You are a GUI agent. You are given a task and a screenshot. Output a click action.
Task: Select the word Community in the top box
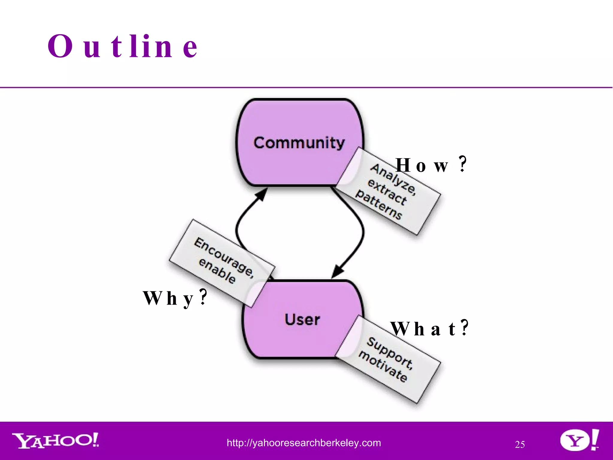coord(299,143)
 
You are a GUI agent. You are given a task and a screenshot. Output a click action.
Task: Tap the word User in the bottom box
coord(302,319)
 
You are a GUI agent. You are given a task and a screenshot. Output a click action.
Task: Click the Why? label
coord(175,298)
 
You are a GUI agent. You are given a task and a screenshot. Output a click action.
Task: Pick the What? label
coord(429,329)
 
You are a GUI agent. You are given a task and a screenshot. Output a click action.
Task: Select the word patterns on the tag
coord(379,205)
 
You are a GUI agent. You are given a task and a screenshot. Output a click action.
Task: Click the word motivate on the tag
coord(383,367)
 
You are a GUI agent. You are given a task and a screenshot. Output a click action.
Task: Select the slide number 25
coord(520,444)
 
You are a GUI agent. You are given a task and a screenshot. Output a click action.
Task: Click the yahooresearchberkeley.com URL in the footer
coord(304,443)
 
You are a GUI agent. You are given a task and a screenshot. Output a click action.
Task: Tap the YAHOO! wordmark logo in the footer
coord(56,441)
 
